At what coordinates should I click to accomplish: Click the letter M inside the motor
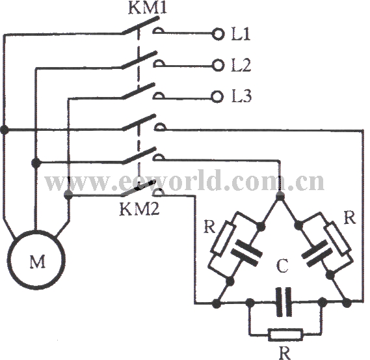click(x=38, y=262)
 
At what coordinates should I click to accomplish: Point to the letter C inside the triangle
click(x=282, y=266)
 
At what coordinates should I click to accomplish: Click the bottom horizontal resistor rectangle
click(x=285, y=335)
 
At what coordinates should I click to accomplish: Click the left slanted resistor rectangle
click(x=223, y=239)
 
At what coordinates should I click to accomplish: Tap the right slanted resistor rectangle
click(x=338, y=238)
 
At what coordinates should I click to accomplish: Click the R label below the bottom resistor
click(x=285, y=352)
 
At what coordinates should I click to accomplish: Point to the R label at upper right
click(x=349, y=217)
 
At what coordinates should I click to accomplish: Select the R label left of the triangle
click(x=210, y=227)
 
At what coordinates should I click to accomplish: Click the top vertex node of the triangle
click(x=280, y=196)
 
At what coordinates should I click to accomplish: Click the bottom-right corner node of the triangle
click(x=347, y=303)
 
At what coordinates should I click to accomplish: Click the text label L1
click(x=241, y=35)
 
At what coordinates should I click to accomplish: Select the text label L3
click(x=241, y=96)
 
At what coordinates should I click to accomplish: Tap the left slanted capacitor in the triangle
click(x=246, y=253)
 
